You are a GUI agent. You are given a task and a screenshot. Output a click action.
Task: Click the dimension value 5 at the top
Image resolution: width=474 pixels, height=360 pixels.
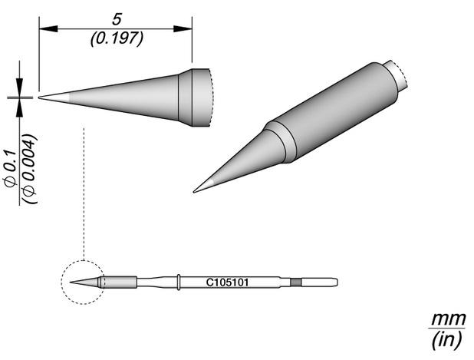point(117,20)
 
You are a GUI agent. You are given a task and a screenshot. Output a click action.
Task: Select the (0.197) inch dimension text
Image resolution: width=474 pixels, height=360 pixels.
point(117,38)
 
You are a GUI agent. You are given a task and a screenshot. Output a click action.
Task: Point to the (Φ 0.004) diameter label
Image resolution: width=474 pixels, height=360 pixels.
point(30,168)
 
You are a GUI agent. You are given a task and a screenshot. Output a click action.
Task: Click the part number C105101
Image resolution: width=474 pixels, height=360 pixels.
point(227,282)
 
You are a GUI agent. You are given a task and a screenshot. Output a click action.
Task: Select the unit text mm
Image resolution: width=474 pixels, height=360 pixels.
point(449,319)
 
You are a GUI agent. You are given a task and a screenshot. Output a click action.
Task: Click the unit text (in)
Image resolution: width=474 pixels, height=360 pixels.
point(447,339)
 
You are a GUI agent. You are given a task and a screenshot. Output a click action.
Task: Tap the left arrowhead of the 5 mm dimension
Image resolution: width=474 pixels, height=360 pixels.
point(48,29)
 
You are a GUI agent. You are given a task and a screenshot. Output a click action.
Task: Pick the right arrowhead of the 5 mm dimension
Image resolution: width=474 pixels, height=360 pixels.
point(183,29)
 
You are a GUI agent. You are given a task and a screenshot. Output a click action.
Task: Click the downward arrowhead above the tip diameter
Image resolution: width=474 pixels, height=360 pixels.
point(20,88)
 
